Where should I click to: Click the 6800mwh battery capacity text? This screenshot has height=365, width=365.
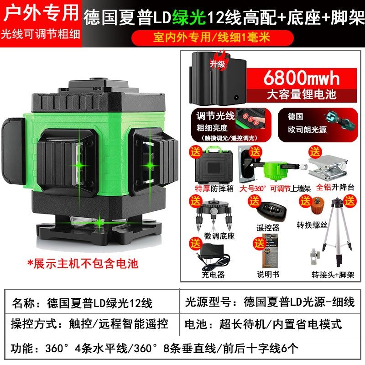click(x=302, y=78)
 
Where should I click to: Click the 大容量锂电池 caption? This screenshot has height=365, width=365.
click(x=301, y=95)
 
